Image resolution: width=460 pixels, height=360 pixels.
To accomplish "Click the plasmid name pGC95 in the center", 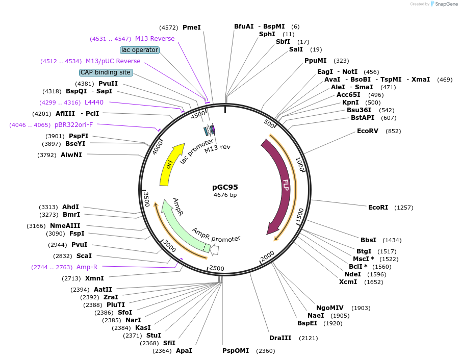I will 225,187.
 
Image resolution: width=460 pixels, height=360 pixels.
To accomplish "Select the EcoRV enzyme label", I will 368,131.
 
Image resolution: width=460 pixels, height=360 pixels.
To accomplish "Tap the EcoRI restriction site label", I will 378,208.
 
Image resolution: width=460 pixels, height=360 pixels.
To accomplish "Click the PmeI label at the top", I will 192,28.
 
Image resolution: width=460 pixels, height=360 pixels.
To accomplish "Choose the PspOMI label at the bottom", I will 236,351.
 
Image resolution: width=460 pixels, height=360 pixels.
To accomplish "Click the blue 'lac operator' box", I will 140,50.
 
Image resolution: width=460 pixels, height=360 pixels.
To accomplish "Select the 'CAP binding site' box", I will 106,72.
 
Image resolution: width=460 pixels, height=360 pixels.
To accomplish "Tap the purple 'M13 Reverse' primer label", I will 155,39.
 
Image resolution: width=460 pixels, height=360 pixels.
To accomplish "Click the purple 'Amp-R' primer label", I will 87,267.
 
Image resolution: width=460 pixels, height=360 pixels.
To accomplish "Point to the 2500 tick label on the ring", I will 216,268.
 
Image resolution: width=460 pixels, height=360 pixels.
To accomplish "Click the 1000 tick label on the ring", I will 300,164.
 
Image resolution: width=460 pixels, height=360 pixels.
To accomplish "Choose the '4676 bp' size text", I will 225,195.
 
